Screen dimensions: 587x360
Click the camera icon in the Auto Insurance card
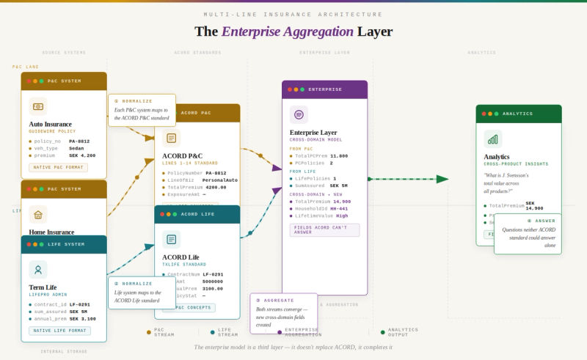[38, 106]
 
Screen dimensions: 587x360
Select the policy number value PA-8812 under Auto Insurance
[79, 141]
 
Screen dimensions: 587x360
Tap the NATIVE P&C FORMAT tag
[59, 167]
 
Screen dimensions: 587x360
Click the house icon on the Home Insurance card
[38, 215]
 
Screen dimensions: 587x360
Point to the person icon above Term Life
[38, 269]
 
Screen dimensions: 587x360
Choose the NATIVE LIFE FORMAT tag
[60, 331]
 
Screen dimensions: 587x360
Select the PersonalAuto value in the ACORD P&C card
[220, 180]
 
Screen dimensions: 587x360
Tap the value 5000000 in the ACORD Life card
[213, 281]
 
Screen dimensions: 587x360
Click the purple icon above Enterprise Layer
[299, 114]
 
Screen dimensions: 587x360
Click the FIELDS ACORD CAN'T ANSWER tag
[324, 229]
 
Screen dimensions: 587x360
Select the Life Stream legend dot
[213, 332]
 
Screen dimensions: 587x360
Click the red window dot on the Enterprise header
[290, 89]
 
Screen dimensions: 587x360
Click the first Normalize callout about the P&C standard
[142, 110]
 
